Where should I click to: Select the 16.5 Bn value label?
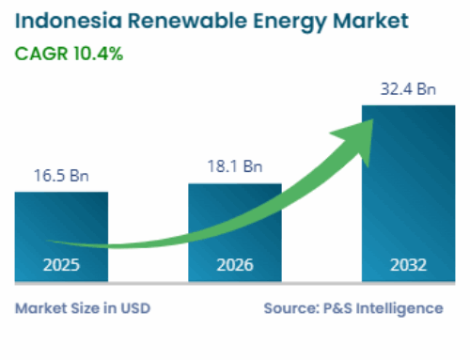pyautogui.click(x=60, y=175)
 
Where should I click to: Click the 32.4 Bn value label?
pyautogui.click(x=409, y=90)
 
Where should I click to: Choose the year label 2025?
pyautogui.click(x=60, y=265)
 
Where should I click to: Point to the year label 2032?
pyautogui.click(x=409, y=265)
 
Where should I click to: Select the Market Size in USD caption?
pyautogui.click(x=82, y=307)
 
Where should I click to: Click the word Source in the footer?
pyautogui.click(x=290, y=307)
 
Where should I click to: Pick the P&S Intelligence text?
pyautogui.click(x=386, y=307)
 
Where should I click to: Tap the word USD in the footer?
pyautogui.click(x=134, y=307)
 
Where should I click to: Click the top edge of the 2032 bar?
pyautogui.click(x=409, y=106)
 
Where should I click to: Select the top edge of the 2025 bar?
pyautogui.click(x=60, y=193)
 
